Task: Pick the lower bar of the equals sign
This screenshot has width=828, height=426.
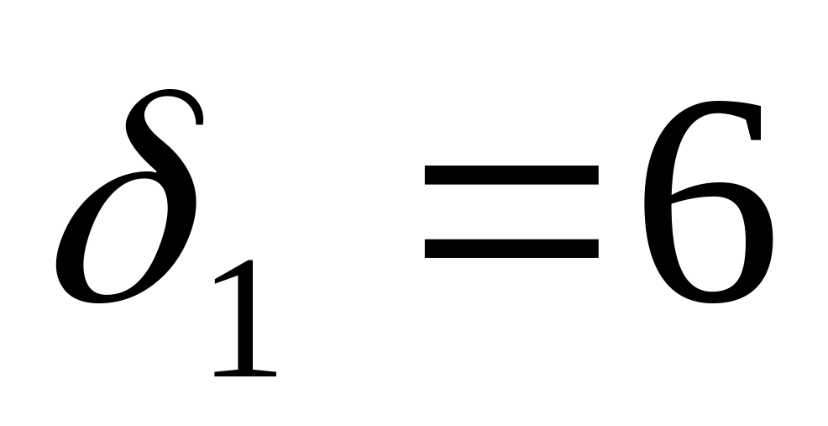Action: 511,248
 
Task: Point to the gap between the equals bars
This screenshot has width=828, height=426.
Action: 511,211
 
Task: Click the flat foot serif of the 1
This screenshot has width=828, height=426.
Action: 246,371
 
